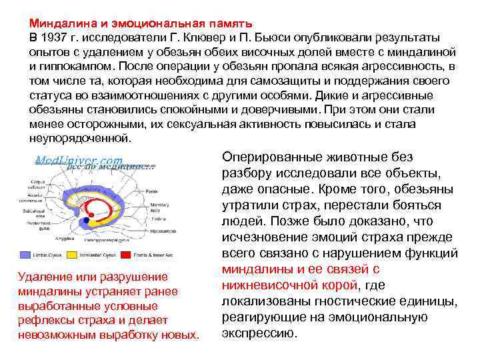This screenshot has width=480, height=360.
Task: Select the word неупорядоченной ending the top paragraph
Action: click(80, 139)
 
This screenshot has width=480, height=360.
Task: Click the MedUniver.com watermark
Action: click(79, 161)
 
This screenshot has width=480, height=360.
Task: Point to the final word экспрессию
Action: click(258, 333)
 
